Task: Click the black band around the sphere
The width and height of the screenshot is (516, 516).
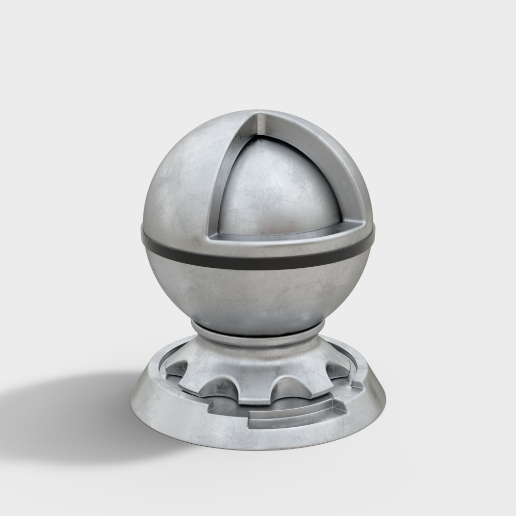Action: click(x=258, y=261)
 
